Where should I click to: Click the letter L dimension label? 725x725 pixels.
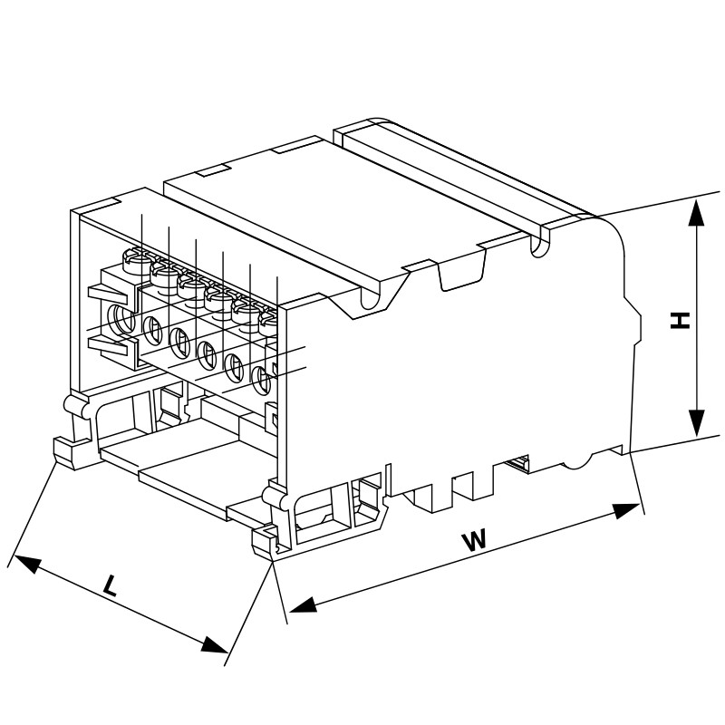pos(109,585)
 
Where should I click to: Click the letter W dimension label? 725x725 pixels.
pos(474,541)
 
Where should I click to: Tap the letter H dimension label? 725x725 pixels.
pos(680,321)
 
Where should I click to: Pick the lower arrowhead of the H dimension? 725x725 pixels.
pos(696,423)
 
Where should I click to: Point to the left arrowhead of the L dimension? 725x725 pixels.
pos(25,563)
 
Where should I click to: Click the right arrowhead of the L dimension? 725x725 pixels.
pos(215,644)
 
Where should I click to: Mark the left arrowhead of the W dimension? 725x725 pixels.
pos(303,604)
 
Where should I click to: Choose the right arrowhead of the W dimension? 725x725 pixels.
pos(626,511)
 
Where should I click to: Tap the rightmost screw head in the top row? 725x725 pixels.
pos(268,323)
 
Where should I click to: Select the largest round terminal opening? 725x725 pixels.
pos(121,318)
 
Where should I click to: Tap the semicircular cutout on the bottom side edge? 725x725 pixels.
pos(577,461)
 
